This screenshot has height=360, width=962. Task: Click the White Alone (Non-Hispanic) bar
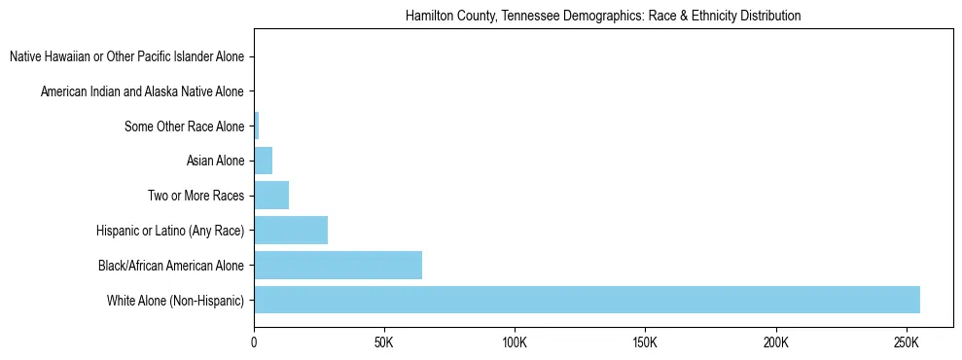(x=587, y=300)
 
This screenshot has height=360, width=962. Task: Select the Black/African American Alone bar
(x=338, y=265)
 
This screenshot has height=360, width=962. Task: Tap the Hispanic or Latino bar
(x=291, y=231)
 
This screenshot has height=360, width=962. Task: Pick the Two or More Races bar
(x=271, y=196)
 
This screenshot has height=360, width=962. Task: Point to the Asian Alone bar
(x=264, y=161)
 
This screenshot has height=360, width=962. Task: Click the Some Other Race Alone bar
(x=257, y=126)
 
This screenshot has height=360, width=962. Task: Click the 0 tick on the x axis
(x=255, y=343)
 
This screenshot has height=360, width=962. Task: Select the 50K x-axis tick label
(x=384, y=343)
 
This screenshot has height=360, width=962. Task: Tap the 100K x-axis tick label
(x=515, y=343)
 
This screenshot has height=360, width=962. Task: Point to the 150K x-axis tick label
(x=645, y=343)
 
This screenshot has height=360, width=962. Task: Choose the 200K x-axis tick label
(x=775, y=343)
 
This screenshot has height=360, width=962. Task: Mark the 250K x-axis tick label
(x=906, y=343)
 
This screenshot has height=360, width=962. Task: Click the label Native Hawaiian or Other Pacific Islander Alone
(x=126, y=56)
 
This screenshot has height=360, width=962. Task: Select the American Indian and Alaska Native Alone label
(x=142, y=91)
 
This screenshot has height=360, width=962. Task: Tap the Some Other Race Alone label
(x=185, y=126)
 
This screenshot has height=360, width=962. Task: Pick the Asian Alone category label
(x=215, y=161)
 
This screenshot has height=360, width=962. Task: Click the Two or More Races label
(x=196, y=196)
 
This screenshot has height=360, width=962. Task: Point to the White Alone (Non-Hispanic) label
(x=176, y=301)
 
